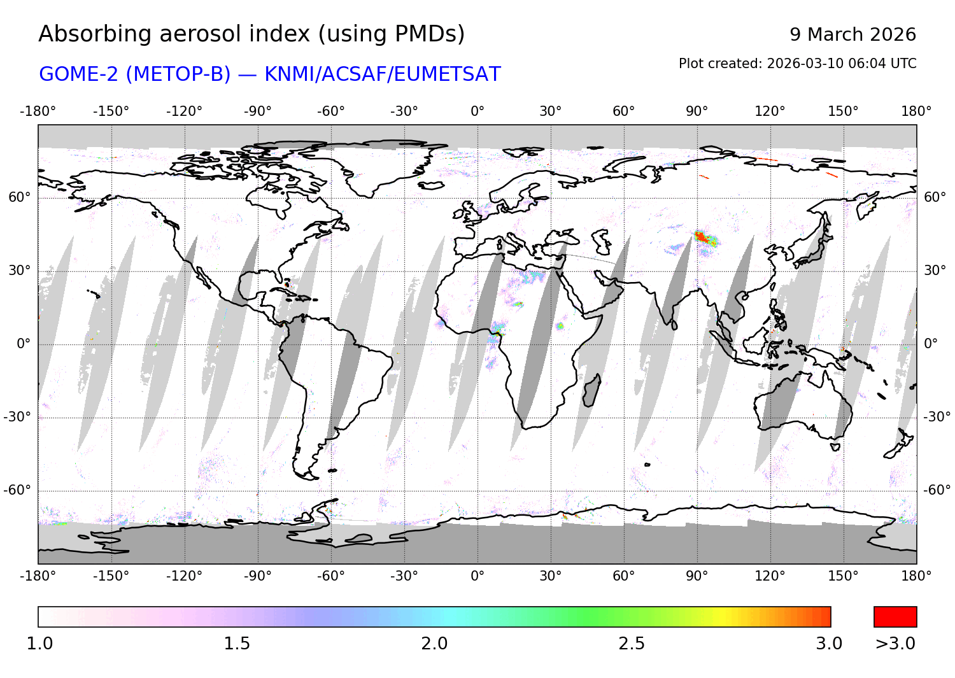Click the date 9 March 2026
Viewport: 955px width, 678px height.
pyautogui.click(x=852, y=34)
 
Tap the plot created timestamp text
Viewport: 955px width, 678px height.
pyautogui.click(x=797, y=64)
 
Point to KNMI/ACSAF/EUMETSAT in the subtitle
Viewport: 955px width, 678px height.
pyautogui.click(x=382, y=74)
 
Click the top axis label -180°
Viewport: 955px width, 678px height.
pyautogui.click(x=38, y=111)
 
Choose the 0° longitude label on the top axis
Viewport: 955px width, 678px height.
pyautogui.click(x=478, y=111)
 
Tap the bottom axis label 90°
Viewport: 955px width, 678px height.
pyautogui.click(x=697, y=576)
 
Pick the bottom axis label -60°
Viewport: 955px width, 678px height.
pyautogui.click(x=331, y=576)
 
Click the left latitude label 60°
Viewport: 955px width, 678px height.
pyautogui.click(x=19, y=197)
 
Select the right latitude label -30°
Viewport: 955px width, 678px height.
pyautogui.click(x=937, y=417)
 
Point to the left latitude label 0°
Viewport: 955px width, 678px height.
pyautogui.click(x=24, y=344)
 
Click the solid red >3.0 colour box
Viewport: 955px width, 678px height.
pyautogui.click(x=895, y=617)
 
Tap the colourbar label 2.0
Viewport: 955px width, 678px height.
pyautogui.click(x=434, y=644)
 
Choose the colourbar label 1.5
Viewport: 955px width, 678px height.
pyautogui.click(x=237, y=644)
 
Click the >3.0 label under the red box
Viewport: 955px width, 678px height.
pyautogui.click(x=895, y=644)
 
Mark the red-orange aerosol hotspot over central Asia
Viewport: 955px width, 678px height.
pyautogui.click(x=702, y=238)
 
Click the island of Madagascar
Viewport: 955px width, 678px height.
pyautogui.click(x=591, y=390)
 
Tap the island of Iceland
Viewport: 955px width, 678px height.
pyautogui.click(x=431, y=185)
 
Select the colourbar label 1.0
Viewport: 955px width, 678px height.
pyautogui.click(x=39, y=644)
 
